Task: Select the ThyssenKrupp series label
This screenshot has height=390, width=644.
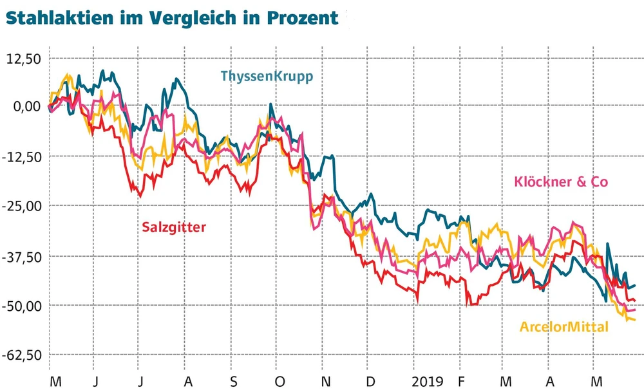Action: click(267, 77)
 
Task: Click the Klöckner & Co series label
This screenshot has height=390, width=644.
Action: click(560, 182)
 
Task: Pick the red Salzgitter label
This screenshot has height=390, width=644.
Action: click(175, 226)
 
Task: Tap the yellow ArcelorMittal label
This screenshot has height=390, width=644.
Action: click(563, 327)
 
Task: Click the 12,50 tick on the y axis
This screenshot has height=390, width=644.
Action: click(24, 59)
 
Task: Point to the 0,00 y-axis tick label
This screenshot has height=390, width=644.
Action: click(27, 107)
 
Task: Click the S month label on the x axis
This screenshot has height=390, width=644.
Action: click(234, 381)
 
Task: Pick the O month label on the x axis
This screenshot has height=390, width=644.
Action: click(279, 381)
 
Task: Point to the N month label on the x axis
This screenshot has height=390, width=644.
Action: click(326, 381)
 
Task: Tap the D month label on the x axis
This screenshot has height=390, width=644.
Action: click(371, 381)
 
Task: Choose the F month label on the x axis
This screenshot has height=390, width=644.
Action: click(461, 381)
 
